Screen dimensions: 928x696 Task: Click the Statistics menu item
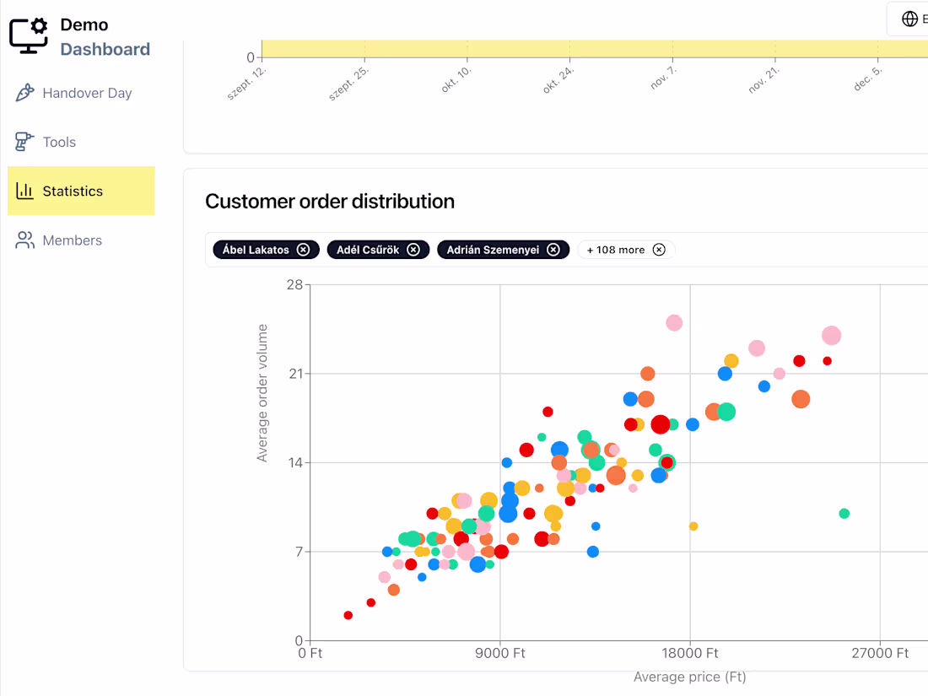click(81, 191)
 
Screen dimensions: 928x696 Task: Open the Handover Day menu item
click(74, 93)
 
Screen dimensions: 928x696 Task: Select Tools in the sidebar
click(46, 142)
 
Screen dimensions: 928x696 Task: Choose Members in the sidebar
click(58, 240)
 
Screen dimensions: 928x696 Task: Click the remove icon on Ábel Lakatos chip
click(303, 250)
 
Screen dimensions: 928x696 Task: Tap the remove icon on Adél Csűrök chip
click(413, 250)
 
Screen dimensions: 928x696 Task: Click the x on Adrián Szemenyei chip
click(553, 250)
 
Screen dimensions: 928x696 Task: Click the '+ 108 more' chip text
click(616, 250)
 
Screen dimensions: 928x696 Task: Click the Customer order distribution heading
click(330, 202)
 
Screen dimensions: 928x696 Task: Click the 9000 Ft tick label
click(500, 653)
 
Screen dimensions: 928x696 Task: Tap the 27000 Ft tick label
click(879, 653)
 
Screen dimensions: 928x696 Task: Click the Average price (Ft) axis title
click(689, 677)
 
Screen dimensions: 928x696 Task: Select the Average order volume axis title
click(262, 393)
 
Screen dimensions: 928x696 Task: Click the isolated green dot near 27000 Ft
click(844, 513)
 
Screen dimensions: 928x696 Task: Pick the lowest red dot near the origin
click(348, 615)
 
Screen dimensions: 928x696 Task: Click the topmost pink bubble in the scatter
click(674, 322)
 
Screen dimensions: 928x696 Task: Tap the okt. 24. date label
click(558, 79)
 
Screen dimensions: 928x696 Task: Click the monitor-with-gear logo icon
click(29, 35)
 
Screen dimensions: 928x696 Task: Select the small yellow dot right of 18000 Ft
click(693, 526)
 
